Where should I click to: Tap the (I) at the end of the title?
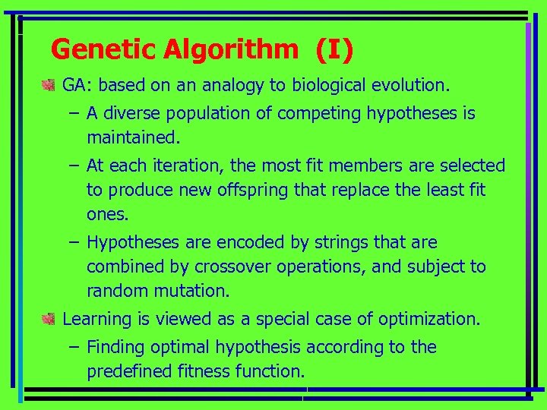334,50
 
